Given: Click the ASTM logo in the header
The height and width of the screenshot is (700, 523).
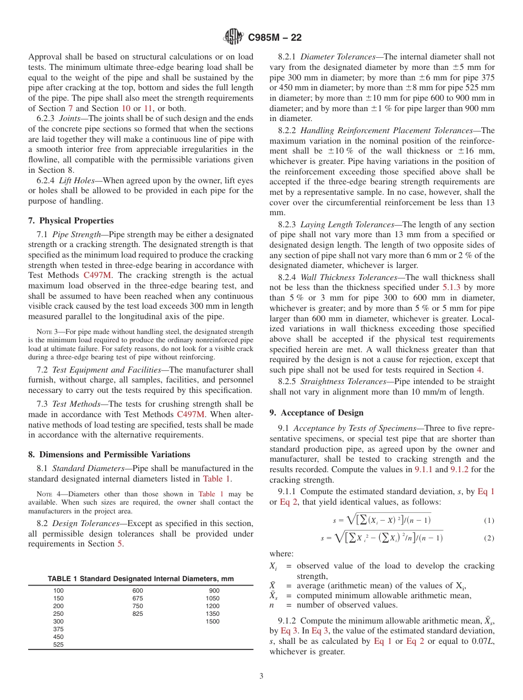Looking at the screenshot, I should (233, 37).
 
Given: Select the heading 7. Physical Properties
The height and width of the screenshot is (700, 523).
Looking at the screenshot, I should (70, 221).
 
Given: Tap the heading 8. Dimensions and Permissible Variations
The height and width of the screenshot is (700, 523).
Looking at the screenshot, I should (109, 455).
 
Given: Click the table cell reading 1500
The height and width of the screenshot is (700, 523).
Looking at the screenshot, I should (212, 621).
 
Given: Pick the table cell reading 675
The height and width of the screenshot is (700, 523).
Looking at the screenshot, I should (138, 598).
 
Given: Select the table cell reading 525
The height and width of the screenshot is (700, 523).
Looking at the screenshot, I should (58, 644).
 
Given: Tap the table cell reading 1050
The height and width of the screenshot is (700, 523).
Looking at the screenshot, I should (212, 598).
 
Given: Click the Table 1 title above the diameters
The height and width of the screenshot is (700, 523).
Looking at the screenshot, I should (140, 579).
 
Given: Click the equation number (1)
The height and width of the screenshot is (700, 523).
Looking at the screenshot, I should (489, 521).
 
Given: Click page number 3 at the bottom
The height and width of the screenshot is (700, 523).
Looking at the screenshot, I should (261, 676).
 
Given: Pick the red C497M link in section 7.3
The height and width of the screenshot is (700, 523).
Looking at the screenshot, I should (193, 415).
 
